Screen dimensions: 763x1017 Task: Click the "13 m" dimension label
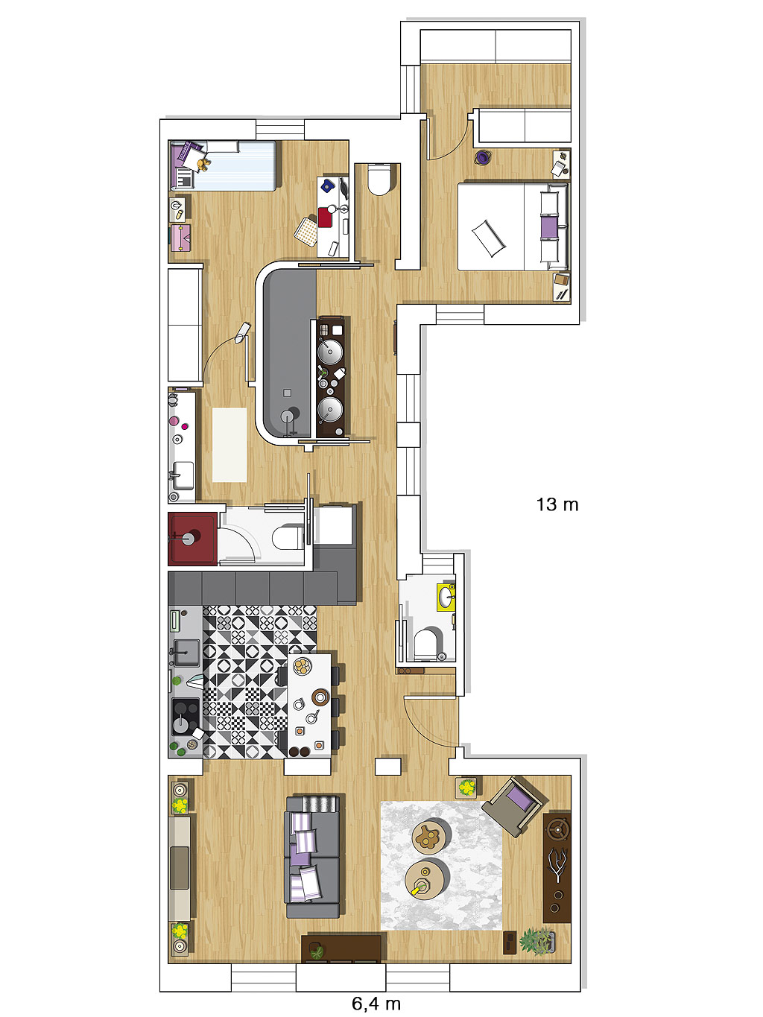(x=557, y=504)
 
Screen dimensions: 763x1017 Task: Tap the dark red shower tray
(x=192, y=539)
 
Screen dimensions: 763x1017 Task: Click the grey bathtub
(x=289, y=353)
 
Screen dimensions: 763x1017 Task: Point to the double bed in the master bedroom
(x=513, y=226)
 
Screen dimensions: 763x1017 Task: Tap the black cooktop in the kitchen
(x=186, y=716)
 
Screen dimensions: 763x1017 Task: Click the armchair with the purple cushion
(x=515, y=807)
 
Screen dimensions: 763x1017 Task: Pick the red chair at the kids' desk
(x=325, y=218)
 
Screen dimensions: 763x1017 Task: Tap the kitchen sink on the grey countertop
(x=186, y=653)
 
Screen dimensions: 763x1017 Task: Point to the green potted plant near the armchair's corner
(x=467, y=787)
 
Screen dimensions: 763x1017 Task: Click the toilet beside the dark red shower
(x=287, y=537)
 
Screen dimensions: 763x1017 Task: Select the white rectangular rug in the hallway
(x=229, y=445)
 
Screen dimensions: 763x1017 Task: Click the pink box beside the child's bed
(x=180, y=238)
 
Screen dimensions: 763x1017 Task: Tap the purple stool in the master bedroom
(x=482, y=157)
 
